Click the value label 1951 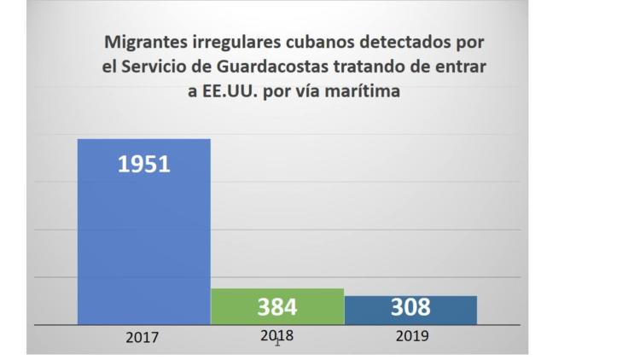pos(143,163)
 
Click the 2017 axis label pos(143,337)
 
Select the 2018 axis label pos(276,335)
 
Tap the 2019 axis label pos(412,335)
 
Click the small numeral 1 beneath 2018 pos(277,344)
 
